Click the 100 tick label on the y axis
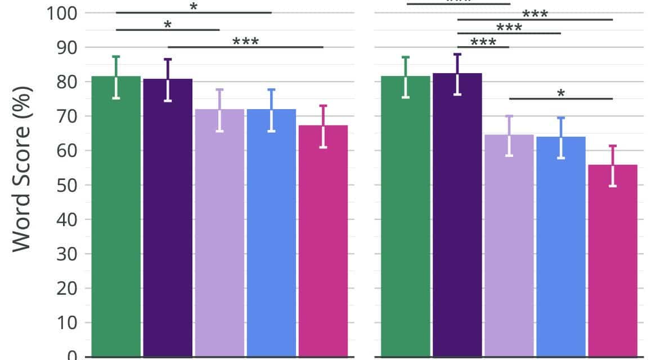tap(61, 13)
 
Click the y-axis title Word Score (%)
tap(23, 169)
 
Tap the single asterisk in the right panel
tap(560, 93)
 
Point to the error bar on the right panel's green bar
tap(406, 77)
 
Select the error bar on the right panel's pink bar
tap(612, 166)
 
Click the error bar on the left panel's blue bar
tap(271, 110)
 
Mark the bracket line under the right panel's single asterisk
tap(560, 99)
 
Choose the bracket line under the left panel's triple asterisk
tap(245, 47)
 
